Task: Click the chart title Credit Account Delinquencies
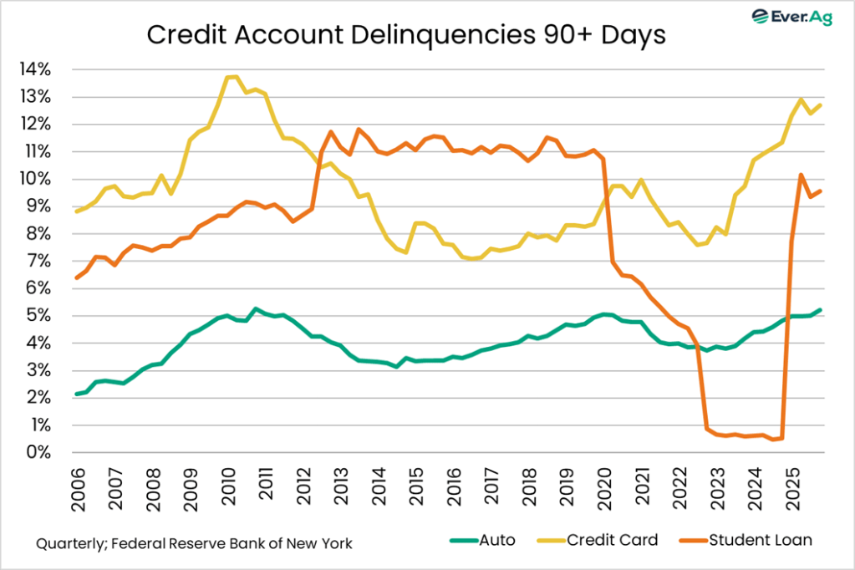[x=405, y=36]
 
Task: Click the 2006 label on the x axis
[x=78, y=487]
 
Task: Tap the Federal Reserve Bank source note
[x=194, y=543]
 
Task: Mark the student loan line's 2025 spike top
[x=802, y=175]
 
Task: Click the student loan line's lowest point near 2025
[x=774, y=440]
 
